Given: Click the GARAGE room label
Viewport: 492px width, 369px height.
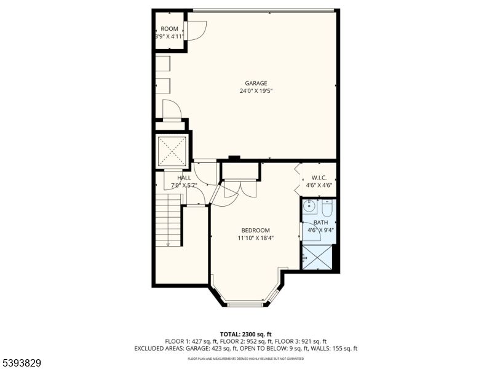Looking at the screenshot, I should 256,83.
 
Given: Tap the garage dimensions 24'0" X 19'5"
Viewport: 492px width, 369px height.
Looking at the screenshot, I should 256,91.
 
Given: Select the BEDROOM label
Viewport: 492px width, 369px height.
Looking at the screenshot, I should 256,230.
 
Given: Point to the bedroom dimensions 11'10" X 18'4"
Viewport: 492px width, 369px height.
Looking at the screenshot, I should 256,238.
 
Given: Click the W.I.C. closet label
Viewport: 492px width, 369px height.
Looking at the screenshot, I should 319,178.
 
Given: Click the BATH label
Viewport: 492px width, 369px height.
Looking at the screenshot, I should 320,223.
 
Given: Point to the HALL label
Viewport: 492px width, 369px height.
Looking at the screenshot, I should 167,178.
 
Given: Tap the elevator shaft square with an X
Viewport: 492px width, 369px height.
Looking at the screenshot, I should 172,150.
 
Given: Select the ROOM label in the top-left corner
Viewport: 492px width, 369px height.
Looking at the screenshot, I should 170,29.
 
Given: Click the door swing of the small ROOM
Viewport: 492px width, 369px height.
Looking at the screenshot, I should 196,31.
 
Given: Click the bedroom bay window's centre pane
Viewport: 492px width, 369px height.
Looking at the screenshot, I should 245,304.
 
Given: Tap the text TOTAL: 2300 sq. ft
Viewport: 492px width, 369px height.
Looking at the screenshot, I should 245,334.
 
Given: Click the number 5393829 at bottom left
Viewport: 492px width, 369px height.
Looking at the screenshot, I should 22,363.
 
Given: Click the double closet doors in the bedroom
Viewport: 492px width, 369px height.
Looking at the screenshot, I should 240,188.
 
